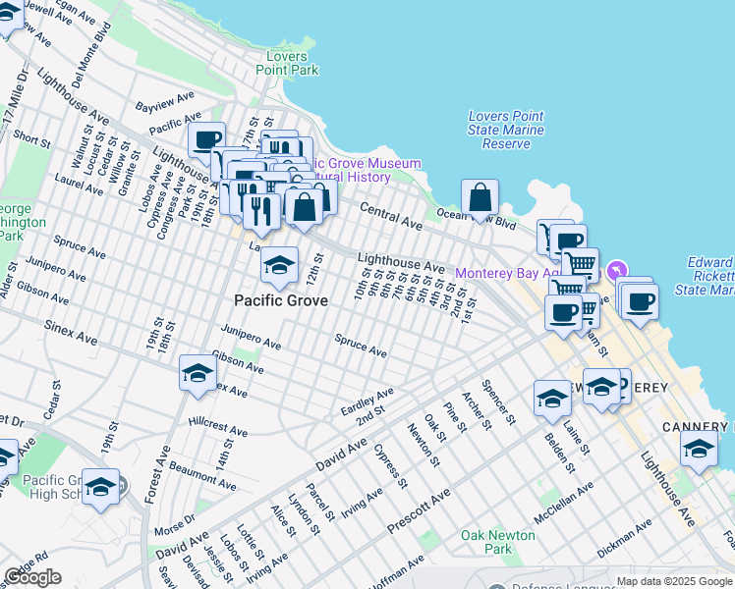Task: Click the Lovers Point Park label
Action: click(x=287, y=63)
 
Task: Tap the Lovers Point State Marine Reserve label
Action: click(x=506, y=130)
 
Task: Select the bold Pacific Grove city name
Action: click(x=281, y=300)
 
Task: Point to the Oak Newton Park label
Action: click(x=498, y=542)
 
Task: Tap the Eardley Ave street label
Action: click(x=367, y=401)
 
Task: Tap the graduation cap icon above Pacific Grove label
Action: click(x=279, y=265)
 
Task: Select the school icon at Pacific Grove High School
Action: click(x=100, y=488)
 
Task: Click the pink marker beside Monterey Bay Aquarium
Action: click(x=617, y=269)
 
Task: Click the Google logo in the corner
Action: click(x=32, y=577)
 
